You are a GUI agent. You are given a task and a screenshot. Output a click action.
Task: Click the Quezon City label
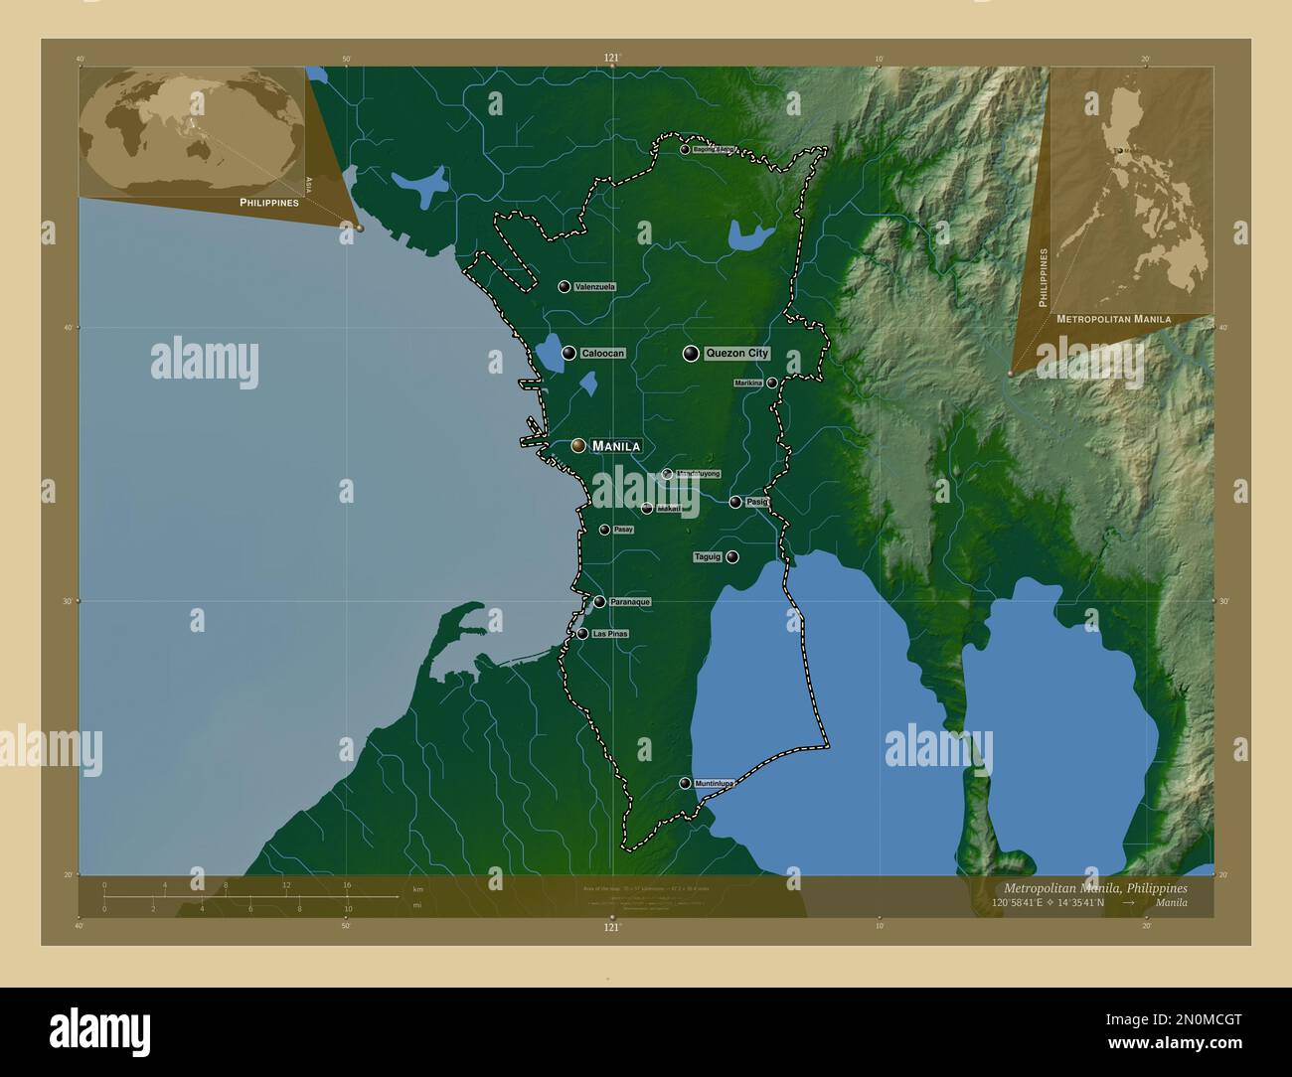tap(736, 353)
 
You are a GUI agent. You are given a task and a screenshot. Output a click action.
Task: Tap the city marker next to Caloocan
tap(568, 353)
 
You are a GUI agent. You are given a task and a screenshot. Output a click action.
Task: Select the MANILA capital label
tap(615, 446)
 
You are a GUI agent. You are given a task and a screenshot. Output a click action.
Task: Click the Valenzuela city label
tap(595, 286)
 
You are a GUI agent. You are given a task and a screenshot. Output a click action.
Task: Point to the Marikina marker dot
tap(771, 383)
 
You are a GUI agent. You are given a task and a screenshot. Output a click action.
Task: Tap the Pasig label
tap(757, 502)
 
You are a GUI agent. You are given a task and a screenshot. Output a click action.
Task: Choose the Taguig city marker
tap(731, 557)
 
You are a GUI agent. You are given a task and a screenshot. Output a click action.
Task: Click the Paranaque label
tap(630, 602)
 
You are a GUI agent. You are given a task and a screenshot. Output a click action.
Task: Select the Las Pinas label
tap(609, 634)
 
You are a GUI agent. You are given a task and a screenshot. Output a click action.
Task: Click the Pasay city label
tap(623, 530)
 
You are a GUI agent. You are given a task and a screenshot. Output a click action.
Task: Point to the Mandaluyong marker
tap(667, 474)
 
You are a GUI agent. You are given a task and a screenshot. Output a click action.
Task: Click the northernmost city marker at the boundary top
tap(685, 149)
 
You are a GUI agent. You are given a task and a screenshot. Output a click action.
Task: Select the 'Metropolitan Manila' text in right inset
tap(1113, 319)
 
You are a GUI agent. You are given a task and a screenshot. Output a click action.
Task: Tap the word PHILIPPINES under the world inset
tap(269, 202)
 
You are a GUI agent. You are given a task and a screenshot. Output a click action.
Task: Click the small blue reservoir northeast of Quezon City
tap(750, 234)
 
